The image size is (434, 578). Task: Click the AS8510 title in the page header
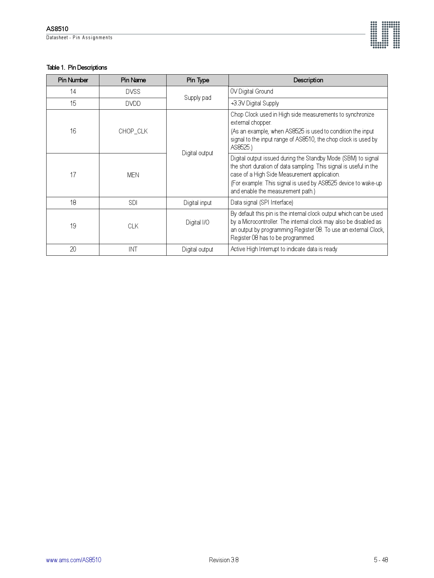click(x=57, y=29)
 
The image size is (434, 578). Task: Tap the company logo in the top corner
click(x=385, y=35)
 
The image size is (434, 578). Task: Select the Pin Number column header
click(x=73, y=80)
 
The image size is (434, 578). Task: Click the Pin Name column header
click(x=133, y=80)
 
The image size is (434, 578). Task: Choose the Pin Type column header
click(x=198, y=80)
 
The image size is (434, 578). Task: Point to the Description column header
click(x=308, y=80)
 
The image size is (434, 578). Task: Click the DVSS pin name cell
click(x=133, y=92)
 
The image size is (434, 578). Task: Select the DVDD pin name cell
click(x=133, y=104)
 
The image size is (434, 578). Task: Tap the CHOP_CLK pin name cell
click(x=133, y=131)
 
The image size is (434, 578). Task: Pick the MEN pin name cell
click(x=133, y=175)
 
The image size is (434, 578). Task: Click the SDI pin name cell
click(x=133, y=203)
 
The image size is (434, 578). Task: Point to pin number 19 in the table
click(x=73, y=226)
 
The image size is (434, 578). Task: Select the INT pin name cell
click(x=133, y=249)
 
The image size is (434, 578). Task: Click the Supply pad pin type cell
click(x=198, y=98)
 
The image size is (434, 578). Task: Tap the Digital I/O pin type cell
click(x=198, y=222)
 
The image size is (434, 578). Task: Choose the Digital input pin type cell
click(x=198, y=203)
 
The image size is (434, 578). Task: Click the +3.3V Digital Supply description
click(x=255, y=103)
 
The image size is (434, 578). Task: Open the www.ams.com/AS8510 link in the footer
click(x=73, y=560)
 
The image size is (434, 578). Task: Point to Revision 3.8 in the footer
click(x=224, y=560)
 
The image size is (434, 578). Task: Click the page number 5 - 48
click(x=381, y=560)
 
